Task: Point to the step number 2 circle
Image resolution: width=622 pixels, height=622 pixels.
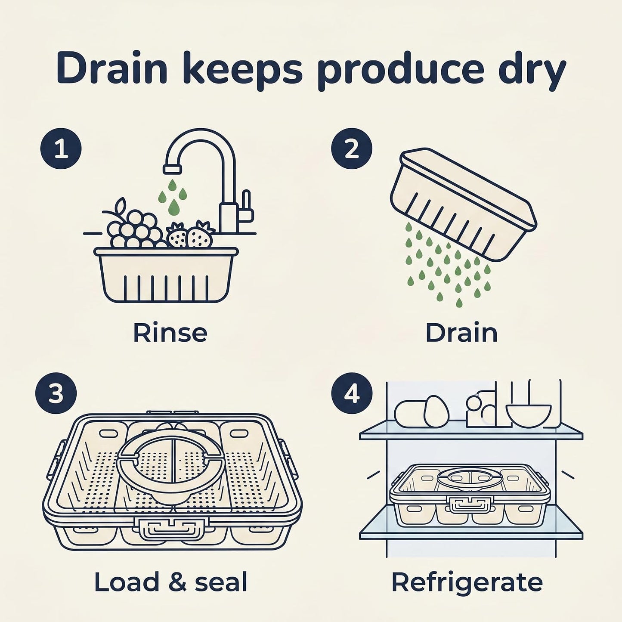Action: tap(352, 149)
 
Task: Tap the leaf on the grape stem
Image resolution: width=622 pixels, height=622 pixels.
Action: tap(121, 205)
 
